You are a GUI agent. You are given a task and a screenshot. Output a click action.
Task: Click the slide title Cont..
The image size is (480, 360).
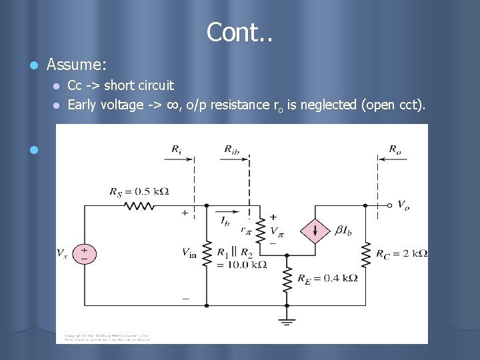[240, 31]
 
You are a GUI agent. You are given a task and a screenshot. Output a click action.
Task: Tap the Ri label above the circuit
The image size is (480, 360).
[176, 150]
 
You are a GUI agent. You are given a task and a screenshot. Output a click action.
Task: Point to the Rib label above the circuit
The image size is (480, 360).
[234, 150]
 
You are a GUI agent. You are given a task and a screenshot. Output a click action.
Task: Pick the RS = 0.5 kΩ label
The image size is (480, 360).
[139, 192]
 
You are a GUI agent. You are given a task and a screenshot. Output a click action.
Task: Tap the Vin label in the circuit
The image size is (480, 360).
[189, 253]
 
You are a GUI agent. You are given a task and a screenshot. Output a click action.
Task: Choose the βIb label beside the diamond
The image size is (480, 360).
[344, 231]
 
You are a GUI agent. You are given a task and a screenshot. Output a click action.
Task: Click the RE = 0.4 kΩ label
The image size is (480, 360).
[327, 278]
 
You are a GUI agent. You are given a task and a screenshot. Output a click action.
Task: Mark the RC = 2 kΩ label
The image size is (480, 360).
[401, 253]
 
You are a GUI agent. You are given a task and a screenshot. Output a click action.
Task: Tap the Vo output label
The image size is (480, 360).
[404, 205]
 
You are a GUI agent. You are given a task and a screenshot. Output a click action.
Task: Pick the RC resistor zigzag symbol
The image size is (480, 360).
[366, 253]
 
